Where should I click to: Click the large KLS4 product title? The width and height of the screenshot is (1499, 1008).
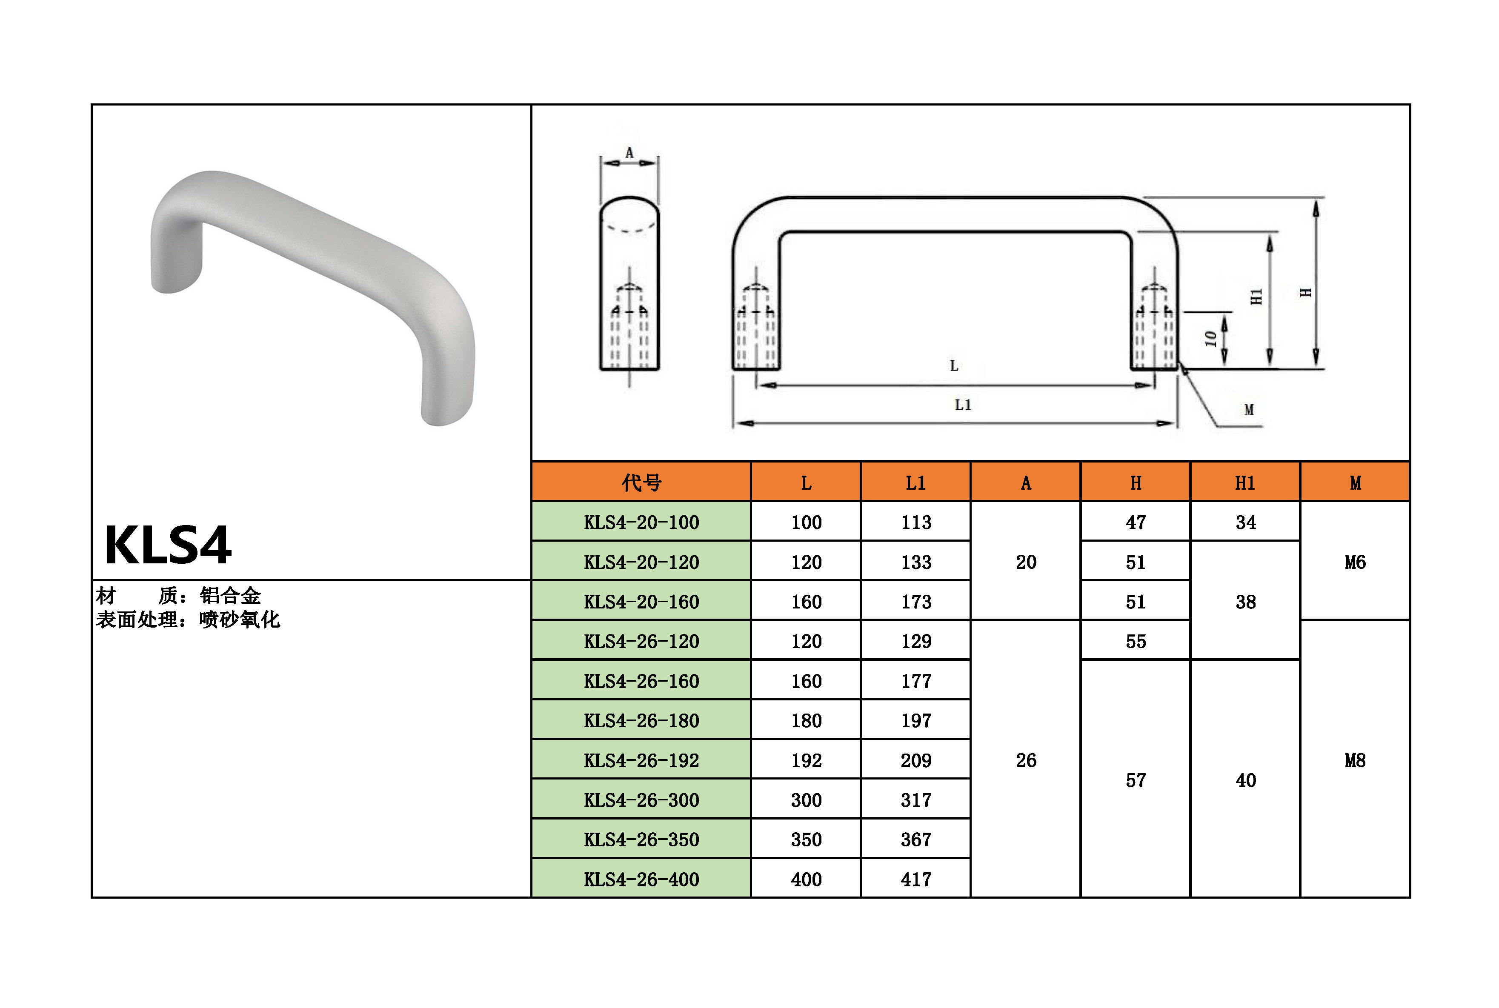(168, 545)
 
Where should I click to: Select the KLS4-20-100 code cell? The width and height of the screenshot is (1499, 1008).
(641, 523)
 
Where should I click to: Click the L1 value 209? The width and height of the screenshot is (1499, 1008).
(916, 760)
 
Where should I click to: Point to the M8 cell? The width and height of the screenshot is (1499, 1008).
(1355, 760)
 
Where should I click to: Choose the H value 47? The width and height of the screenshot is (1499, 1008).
(1136, 523)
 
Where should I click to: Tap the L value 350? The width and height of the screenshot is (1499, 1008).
(806, 840)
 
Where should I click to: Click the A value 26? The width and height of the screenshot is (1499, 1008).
(1026, 760)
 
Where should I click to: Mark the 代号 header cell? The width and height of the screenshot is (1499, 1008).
(641, 483)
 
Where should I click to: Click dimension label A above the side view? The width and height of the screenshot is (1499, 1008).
(629, 153)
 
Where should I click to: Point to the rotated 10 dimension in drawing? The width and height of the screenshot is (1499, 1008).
(1210, 339)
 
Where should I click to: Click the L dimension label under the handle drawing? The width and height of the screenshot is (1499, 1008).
(954, 366)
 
